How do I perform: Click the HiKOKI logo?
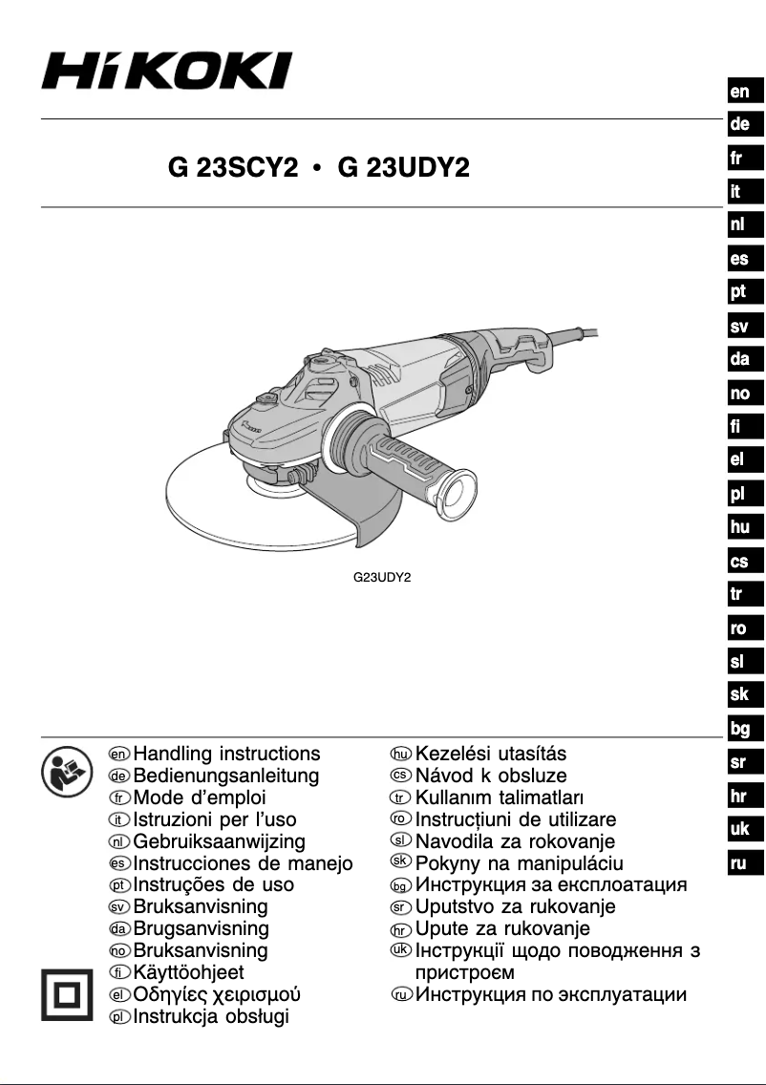pos(166,71)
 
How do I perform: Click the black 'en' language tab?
pos(739,93)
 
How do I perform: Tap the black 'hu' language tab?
pos(739,527)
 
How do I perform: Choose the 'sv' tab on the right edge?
pos(739,328)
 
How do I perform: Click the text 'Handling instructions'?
pos(227,755)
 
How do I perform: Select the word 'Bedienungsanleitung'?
pos(226,777)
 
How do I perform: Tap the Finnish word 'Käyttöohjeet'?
pos(189,973)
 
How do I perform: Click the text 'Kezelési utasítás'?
pos(491,755)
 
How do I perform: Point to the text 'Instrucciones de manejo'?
pos(243,863)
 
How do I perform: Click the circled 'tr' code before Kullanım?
pos(402,798)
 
